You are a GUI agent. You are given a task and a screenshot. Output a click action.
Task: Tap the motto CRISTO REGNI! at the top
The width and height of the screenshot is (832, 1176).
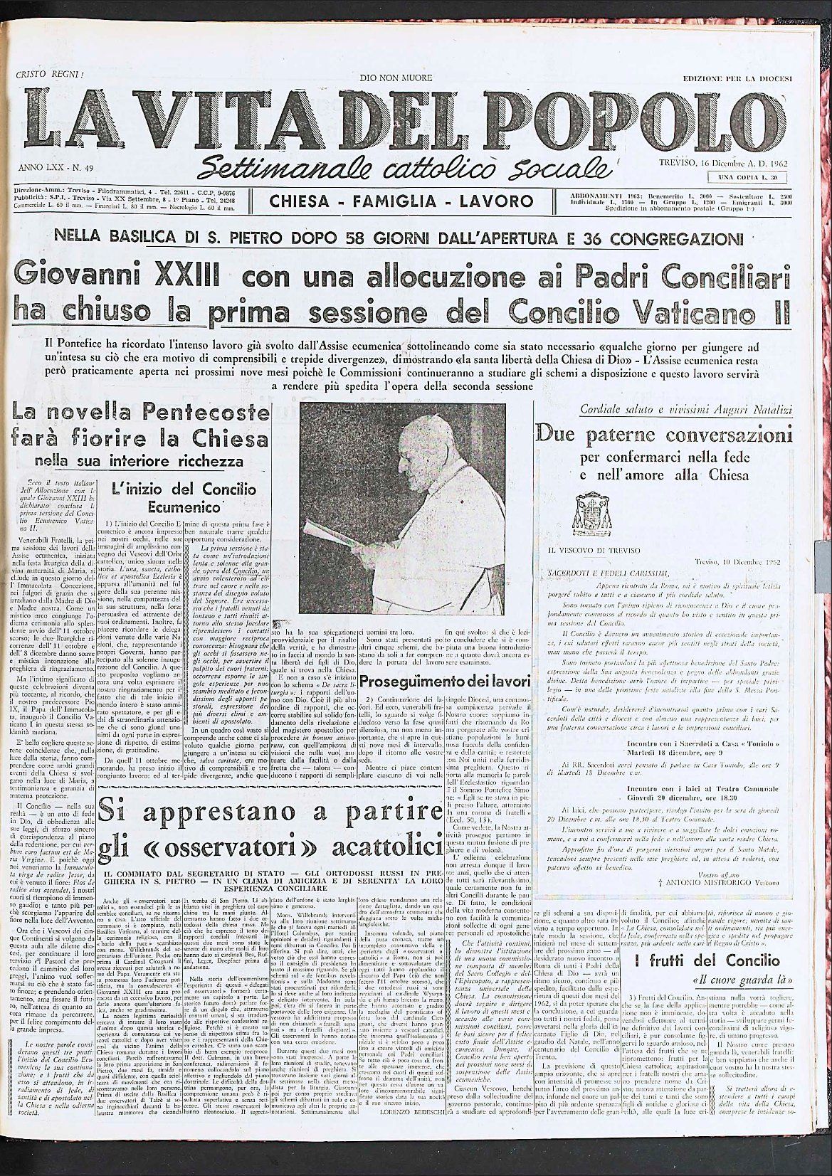click(x=49, y=75)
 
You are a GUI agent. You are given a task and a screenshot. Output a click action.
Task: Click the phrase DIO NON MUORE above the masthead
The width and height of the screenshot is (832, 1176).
click(x=396, y=77)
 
